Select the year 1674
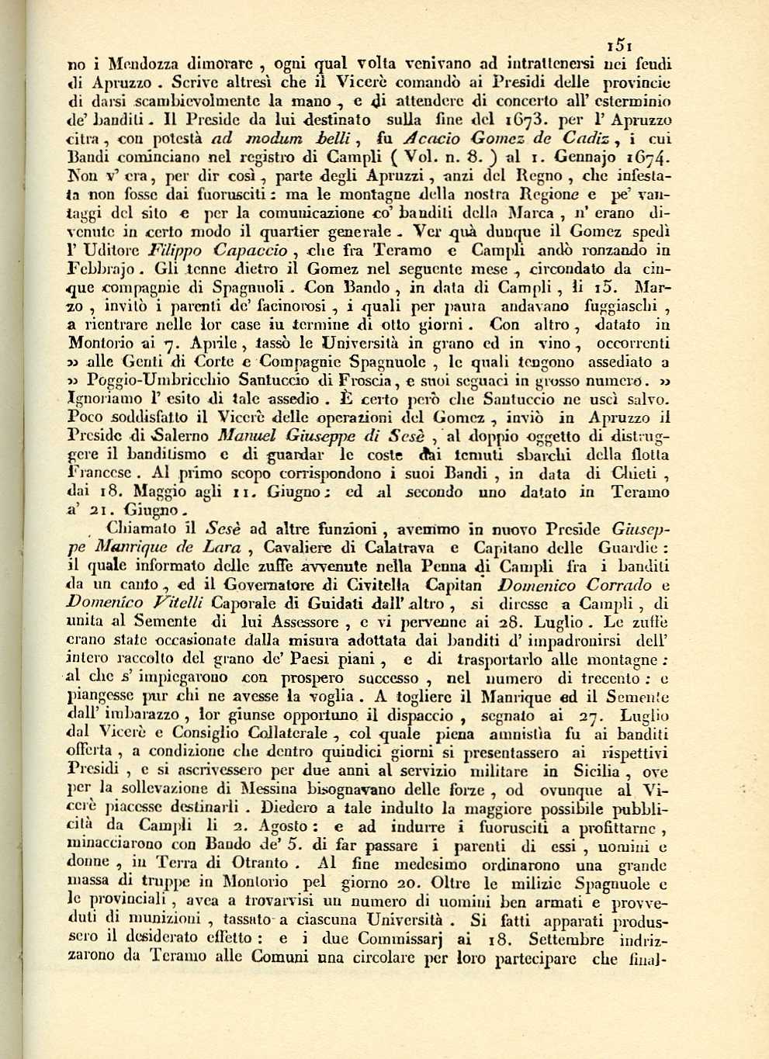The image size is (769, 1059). pos(649,158)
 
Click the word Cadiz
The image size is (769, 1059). pos(591,139)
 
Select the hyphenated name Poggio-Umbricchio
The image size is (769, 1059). pos(157,381)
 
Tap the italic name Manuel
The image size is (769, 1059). pos(245,438)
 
